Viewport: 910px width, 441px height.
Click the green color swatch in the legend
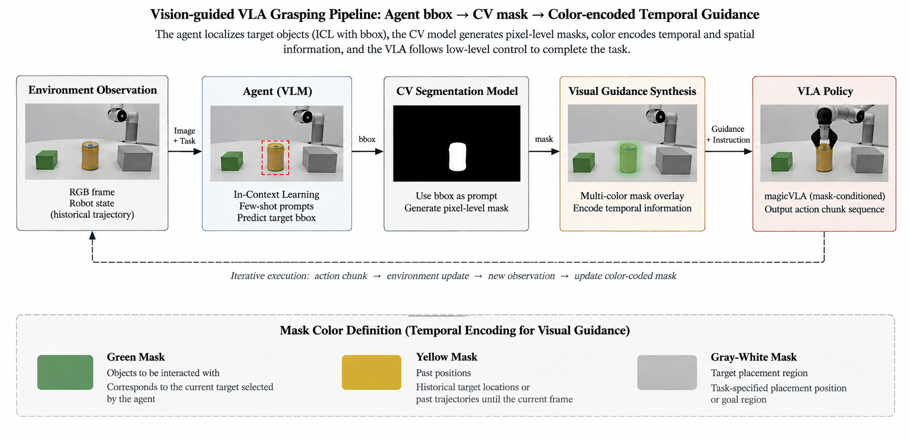[x=65, y=372]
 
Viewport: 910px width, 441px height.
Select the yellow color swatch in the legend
[x=371, y=372]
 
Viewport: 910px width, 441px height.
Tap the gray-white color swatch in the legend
[x=667, y=372]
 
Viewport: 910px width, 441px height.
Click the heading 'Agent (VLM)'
[x=277, y=91]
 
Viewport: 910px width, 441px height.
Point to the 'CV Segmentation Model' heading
[x=457, y=91]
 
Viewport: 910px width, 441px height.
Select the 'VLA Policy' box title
[x=825, y=91]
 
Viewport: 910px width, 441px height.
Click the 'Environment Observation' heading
[x=92, y=90]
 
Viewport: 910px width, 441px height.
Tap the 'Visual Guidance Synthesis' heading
[x=632, y=91]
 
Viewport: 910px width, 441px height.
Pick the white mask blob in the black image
[x=458, y=157]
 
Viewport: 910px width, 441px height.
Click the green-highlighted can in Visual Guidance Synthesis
[x=628, y=158]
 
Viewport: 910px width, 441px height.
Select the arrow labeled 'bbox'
[x=368, y=151]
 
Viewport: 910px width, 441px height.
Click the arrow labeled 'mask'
[x=544, y=151]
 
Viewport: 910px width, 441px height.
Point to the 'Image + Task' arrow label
[x=184, y=136]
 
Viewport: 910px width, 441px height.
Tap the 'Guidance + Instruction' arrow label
[x=728, y=134]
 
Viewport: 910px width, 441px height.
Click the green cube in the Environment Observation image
[x=46, y=160]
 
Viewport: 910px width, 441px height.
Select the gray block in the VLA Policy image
[x=868, y=159]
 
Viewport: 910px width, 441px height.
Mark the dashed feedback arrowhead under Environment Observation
[x=92, y=235]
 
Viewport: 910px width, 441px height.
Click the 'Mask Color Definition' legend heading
[x=455, y=330]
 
